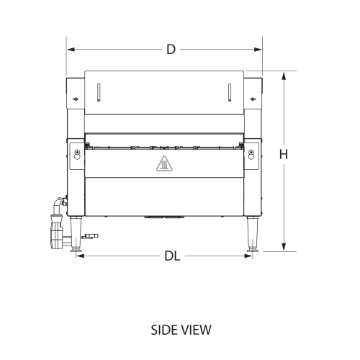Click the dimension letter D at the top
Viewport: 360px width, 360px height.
point(171,50)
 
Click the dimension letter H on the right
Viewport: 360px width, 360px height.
point(284,154)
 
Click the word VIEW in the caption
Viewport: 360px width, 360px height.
point(196,330)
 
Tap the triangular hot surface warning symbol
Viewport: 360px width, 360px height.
point(163,164)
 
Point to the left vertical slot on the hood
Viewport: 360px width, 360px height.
point(99,93)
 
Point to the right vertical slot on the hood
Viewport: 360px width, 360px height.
point(229,93)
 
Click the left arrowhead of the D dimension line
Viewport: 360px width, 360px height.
point(70,50)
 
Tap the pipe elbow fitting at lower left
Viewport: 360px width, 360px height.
point(56,206)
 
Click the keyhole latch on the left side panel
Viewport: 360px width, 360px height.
point(76,152)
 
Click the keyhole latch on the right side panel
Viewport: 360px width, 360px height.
point(251,152)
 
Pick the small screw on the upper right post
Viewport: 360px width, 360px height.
point(251,97)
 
